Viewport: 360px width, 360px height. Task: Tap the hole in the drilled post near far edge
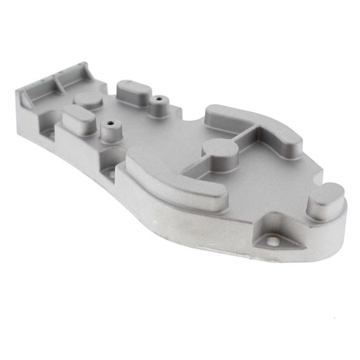click(157, 100)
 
